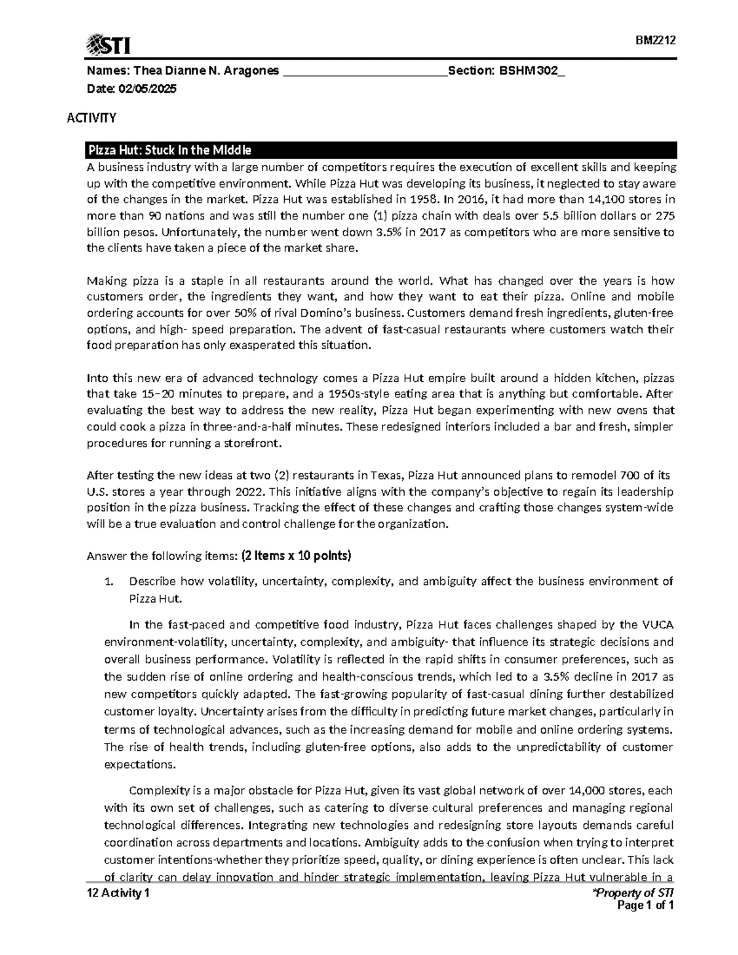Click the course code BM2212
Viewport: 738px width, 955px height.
pyautogui.click(x=656, y=41)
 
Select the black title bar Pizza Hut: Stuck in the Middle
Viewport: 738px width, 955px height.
pyautogui.click(x=380, y=151)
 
